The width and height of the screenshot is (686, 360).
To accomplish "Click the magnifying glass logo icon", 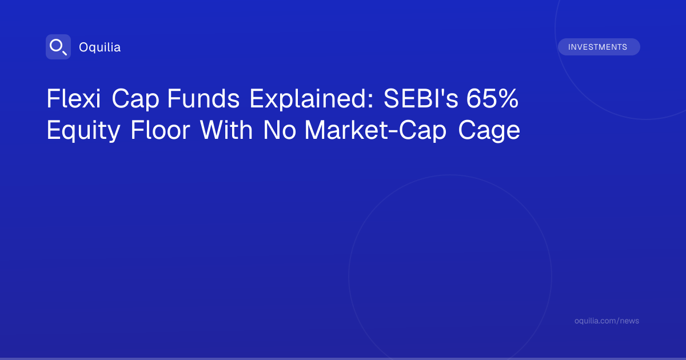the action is tap(58, 47).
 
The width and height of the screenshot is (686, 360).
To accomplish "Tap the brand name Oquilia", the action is tap(100, 47).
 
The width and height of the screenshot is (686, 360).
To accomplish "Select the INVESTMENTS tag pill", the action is tap(599, 47).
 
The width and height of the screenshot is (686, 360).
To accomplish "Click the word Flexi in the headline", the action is tap(74, 98).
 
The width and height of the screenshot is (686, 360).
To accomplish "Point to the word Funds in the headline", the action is tap(204, 98).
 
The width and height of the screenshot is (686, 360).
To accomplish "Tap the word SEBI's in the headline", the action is tap(421, 98).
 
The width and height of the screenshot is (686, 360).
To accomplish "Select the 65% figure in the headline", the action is tap(492, 98).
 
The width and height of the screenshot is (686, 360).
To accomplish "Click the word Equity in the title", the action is tap(83, 131).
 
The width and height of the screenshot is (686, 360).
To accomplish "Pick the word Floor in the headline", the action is tap(161, 130).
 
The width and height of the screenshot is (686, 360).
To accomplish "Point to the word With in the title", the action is tap(226, 130).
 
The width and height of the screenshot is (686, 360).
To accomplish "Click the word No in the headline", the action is tap(280, 130).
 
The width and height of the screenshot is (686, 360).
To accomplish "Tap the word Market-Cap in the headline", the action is tap(376, 131).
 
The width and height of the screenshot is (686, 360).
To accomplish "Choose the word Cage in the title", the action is tap(489, 131).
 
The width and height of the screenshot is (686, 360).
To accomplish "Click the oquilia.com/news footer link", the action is tap(607, 321).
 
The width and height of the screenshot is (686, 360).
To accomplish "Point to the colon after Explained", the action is tap(371, 101).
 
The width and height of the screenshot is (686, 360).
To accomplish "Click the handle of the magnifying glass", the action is tap(65, 53).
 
